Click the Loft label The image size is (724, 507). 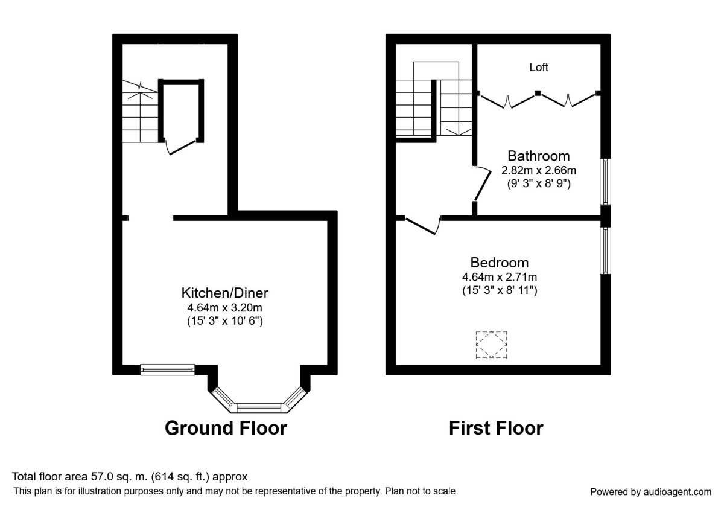click(x=538, y=67)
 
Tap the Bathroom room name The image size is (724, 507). click(x=538, y=156)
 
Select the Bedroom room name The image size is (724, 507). click(x=500, y=263)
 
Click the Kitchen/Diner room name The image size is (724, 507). click(x=224, y=293)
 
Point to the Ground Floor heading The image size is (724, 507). click(x=226, y=428)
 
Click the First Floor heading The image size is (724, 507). click(x=496, y=428)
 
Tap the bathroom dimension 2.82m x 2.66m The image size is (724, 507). click(x=538, y=170)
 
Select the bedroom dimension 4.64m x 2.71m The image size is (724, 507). click(x=500, y=277)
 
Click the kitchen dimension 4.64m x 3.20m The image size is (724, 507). click(x=224, y=307)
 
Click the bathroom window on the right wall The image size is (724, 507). click(x=605, y=182)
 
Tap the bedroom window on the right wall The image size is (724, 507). click(x=605, y=251)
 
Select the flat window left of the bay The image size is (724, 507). click(x=168, y=369)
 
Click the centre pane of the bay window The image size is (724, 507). click(x=259, y=408)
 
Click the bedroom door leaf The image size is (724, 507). click(x=421, y=226)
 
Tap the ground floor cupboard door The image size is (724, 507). click(x=183, y=147)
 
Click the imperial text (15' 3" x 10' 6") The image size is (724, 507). click(x=225, y=321)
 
